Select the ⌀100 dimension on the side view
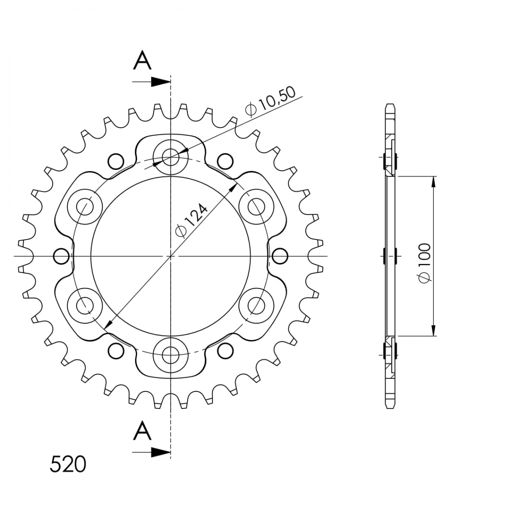point(425,263)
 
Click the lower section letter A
point(142,430)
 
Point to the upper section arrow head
point(161,82)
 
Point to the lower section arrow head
point(161,452)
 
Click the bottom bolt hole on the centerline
point(171,355)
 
